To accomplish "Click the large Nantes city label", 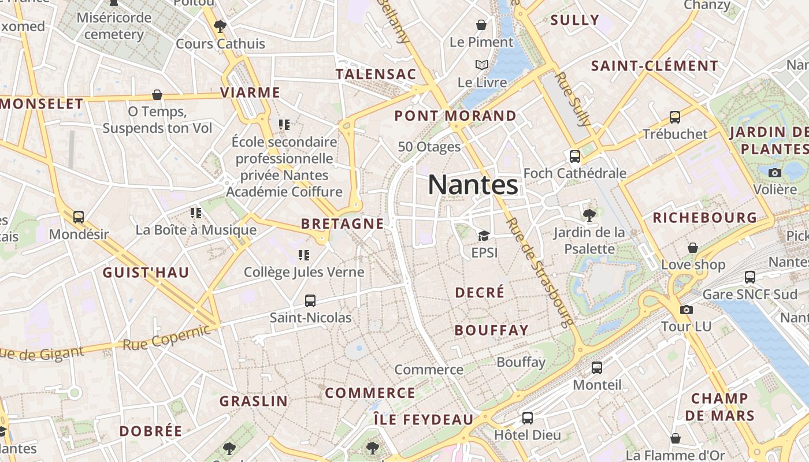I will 473,185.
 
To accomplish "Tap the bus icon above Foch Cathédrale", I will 574,156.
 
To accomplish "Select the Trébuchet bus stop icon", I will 674,117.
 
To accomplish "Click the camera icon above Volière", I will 775,173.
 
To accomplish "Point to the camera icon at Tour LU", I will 686,310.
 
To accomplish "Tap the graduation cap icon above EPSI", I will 483,236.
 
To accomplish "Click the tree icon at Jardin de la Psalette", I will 589,215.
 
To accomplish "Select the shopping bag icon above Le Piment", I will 481,25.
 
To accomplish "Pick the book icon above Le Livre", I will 481,65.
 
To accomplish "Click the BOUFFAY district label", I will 491,330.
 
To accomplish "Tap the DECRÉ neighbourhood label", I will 480,293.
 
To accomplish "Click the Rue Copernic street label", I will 166,338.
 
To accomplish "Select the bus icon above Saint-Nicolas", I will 310,300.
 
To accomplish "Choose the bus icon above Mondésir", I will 78,217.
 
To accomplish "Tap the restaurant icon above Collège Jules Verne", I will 304,255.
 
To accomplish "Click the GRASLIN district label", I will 253,401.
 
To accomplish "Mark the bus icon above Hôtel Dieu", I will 527,418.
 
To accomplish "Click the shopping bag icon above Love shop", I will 692,248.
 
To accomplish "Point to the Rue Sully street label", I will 573,99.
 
